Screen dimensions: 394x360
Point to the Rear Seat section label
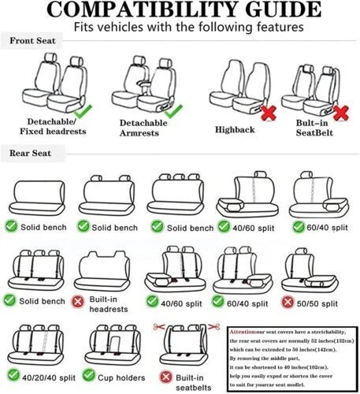click(x=31, y=153)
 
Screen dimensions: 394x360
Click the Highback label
click(x=235, y=128)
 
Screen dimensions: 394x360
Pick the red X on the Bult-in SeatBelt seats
click(x=340, y=112)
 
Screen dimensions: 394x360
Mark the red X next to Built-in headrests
click(x=79, y=300)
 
